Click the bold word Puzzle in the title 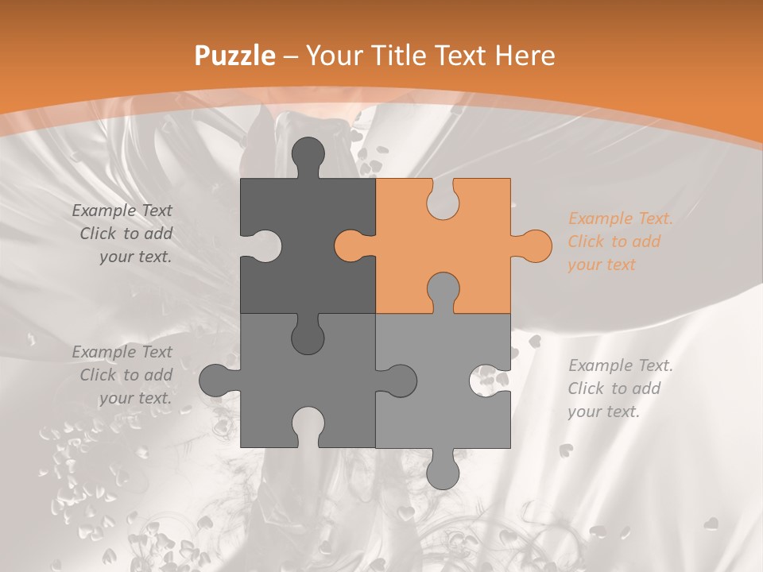235,56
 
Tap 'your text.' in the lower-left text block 135,398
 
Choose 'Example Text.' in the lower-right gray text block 620,365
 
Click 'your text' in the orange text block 602,265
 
